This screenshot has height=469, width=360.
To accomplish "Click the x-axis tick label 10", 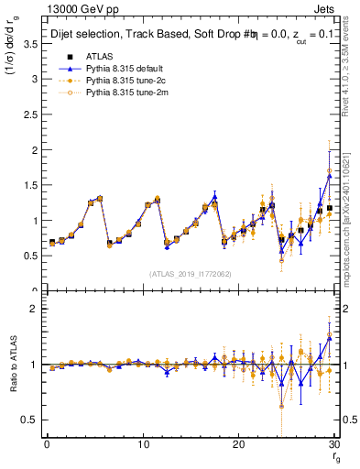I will pos(143,444).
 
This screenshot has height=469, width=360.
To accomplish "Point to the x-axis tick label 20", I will pos(239,444).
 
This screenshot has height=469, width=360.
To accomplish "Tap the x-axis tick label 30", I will pos(335,444).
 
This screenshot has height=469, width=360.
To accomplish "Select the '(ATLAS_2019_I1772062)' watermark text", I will pos(191,273).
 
